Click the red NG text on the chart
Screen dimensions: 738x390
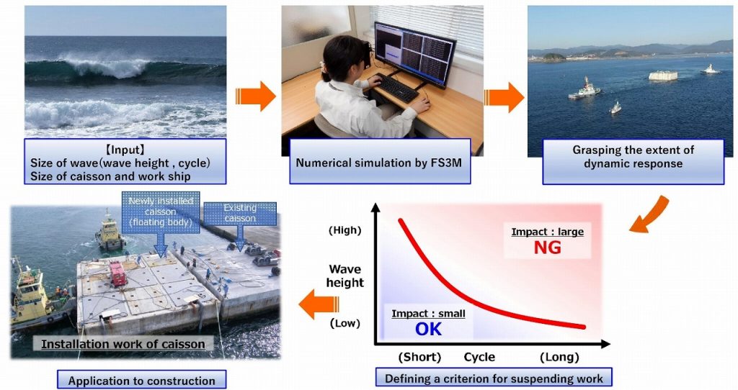[x=548, y=248]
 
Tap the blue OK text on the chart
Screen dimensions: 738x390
[x=428, y=329]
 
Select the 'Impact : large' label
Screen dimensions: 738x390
[x=548, y=232]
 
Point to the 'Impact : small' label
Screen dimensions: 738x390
[x=428, y=314]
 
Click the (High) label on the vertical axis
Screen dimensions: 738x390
[x=345, y=230]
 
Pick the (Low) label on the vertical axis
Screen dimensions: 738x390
[x=345, y=323]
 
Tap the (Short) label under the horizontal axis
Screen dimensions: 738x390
[x=419, y=357]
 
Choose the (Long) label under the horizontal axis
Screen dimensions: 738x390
[x=559, y=357]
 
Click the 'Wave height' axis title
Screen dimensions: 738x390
[x=346, y=276]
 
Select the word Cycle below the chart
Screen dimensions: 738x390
[x=479, y=357]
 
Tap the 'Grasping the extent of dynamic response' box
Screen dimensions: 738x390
[x=633, y=162]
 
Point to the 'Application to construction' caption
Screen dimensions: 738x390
[x=142, y=380]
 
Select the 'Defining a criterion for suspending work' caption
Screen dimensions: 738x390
[x=494, y=378]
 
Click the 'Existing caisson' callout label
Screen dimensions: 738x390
[x=240, y=213]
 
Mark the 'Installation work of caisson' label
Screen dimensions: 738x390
[x=123, y=344]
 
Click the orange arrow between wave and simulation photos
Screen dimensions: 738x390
[x=256, y=96]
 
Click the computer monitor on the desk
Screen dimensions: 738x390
[x=414, y=53]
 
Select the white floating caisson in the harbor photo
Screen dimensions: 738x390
[x=663, y=75]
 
